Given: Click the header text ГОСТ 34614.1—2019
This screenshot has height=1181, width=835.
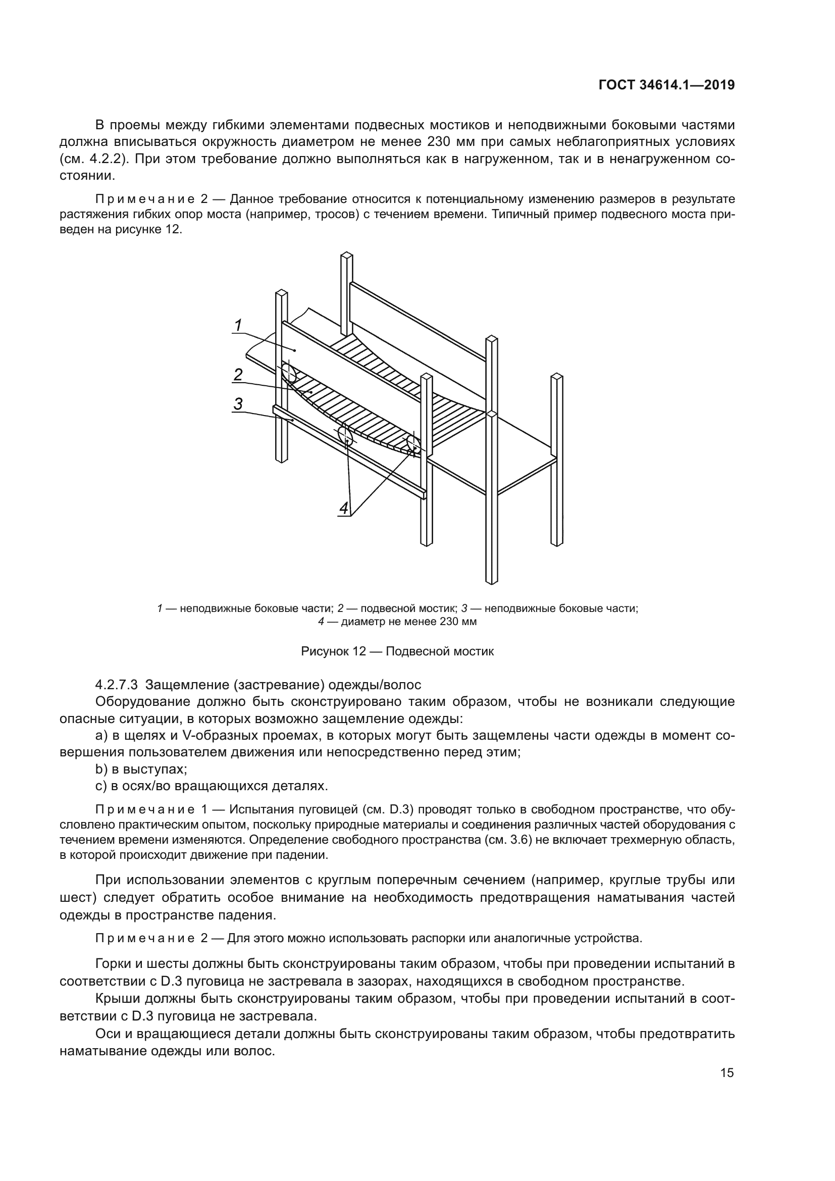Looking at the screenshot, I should pyautogui.click(x=666, y=85).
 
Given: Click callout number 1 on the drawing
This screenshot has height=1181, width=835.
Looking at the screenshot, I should pyautogui.click(x=238, y=325).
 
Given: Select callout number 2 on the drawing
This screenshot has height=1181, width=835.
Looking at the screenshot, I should pyautogui.click(x=238, y=375).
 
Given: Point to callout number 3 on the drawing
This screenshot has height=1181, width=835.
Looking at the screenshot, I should pyautogui.click(x=238, y=404).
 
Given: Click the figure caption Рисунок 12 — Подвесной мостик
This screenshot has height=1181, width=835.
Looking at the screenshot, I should pyautogui.click(x=397, y=651).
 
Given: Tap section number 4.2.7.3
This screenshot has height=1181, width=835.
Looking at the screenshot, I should pyautogui.click(x=117, y=685).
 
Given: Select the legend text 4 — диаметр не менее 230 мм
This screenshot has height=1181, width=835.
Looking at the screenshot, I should pyautogui.click(x=397, y=622).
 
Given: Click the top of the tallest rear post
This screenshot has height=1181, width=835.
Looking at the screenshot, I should pyautogui.click(x=347, y=255).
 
